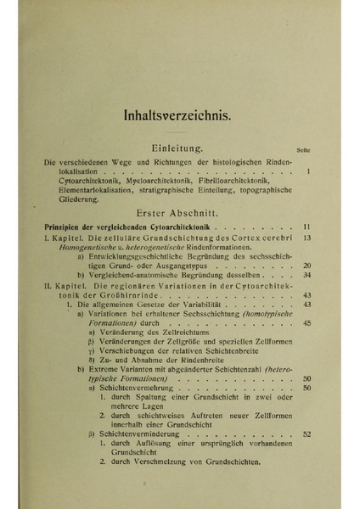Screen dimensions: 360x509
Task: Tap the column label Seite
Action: [310, 150]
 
